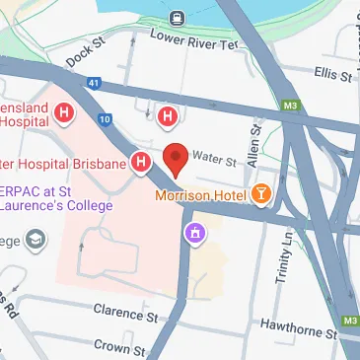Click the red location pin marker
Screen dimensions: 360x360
(176, 158)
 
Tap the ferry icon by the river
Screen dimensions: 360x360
(177, 17)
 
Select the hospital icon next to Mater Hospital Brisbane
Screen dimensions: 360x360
(142, 161)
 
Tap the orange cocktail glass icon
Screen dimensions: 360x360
(262, 194)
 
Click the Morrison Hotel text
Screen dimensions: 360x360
(201, 195)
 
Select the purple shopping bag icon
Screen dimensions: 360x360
(196, 233)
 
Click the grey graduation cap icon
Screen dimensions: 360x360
(36, 240)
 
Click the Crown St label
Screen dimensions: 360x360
(117, 346)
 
